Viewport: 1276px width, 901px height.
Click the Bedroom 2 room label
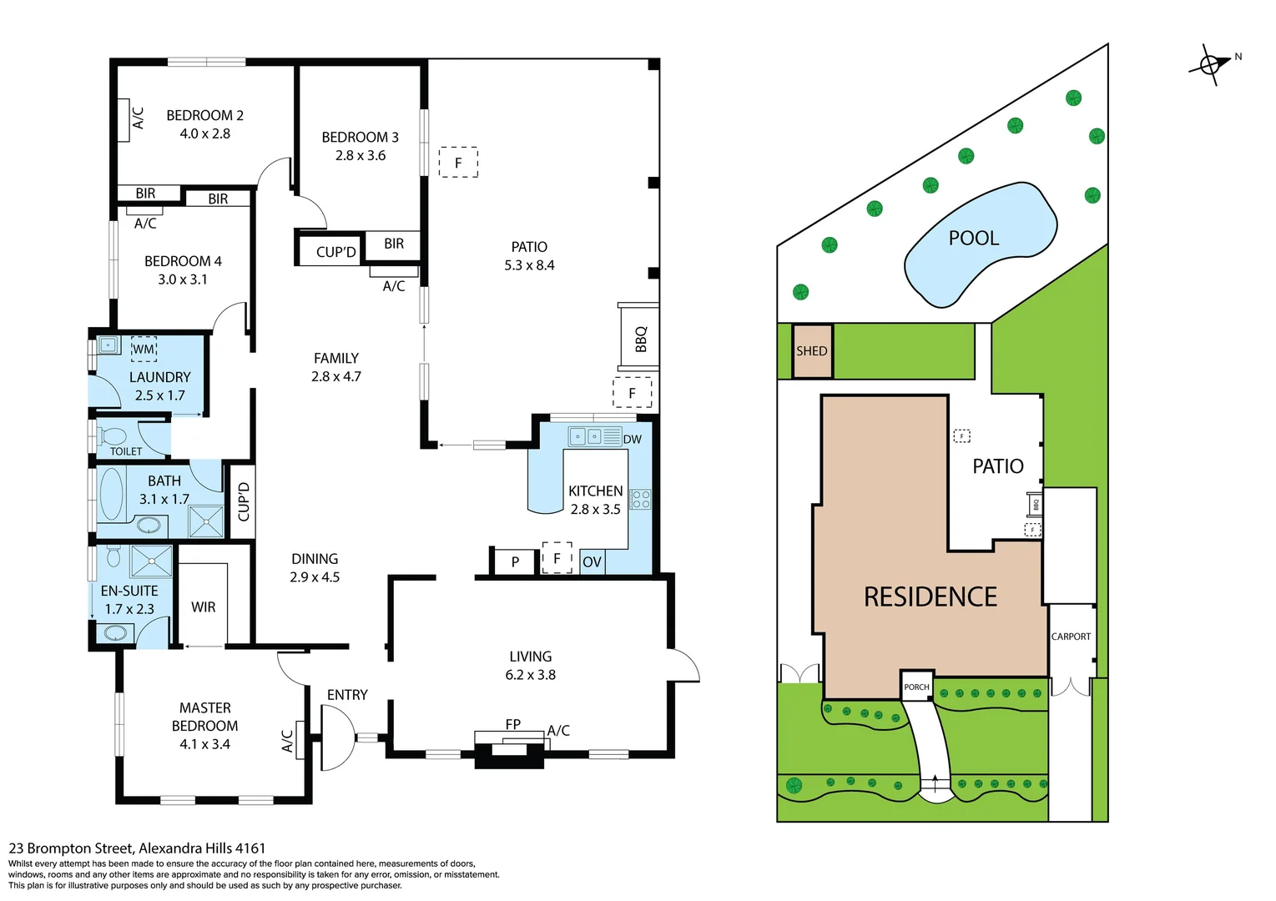204,115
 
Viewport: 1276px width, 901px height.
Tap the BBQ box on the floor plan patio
639,337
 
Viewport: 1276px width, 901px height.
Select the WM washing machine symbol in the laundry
144,349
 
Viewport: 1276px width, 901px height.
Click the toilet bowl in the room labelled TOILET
113,436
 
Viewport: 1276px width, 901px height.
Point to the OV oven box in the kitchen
592,561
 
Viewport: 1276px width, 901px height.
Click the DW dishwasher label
632,439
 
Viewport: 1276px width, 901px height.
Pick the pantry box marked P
515,561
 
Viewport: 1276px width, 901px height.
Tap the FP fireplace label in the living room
512,724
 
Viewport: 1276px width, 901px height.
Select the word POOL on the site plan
973,238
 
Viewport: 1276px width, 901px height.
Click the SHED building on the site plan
811,351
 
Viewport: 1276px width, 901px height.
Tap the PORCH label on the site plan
916,687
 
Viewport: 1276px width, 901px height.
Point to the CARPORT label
1071,637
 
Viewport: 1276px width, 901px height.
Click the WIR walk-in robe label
203,607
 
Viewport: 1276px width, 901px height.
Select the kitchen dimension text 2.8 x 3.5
595,509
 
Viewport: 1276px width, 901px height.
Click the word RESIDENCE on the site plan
930,596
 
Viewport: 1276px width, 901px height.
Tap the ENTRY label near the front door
347,695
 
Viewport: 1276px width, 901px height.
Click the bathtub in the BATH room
111,494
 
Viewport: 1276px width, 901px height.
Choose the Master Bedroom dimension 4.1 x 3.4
204,744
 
